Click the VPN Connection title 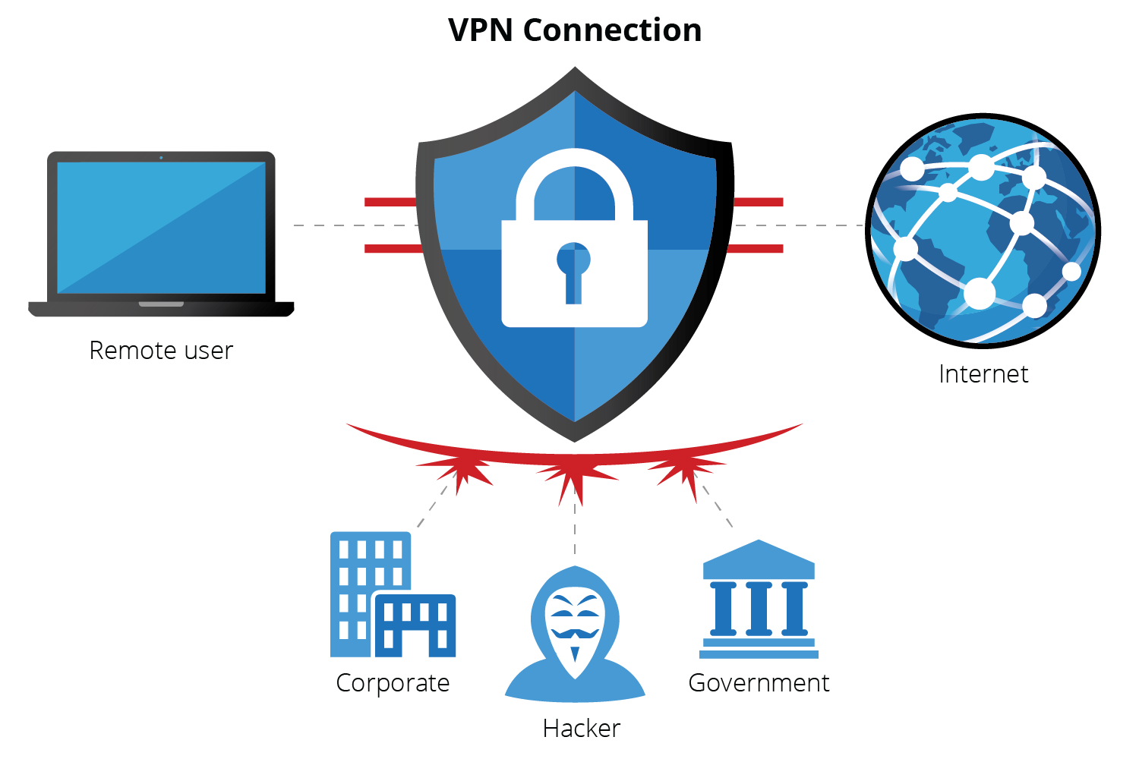[x=575, y=30]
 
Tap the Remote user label [x=161, y=351]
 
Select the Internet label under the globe [x=983, y=374]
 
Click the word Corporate [x=393, y=683]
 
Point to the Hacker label [x=582, y=729]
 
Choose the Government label [x=759, y=683]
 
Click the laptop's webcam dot [x=161, y=158]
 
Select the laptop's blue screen [x=161, y=228]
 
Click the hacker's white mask [x=575, y=626]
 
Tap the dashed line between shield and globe [x=797, y=225]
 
